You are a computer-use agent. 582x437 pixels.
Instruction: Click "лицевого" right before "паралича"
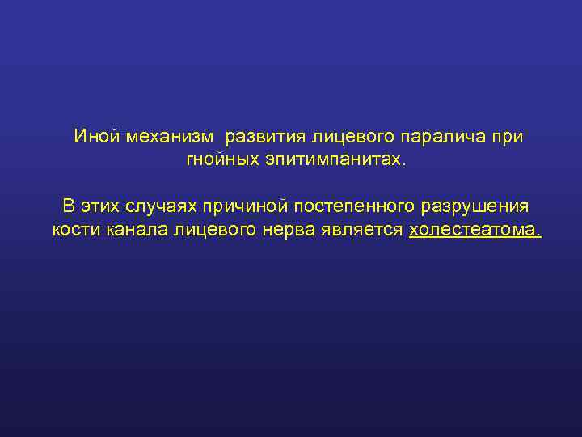(353, 137)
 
